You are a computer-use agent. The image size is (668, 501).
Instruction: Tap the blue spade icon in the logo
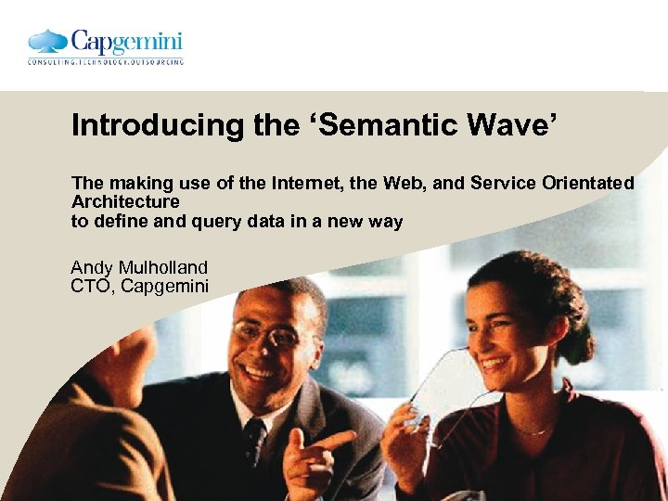pyautogui.click(x=47, y=42)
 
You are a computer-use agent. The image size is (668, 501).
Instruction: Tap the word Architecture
pyautogui.click(x=125, y=201)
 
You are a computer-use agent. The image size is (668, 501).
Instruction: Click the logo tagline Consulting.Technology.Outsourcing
pyautogui.click(x=105, y=62)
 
